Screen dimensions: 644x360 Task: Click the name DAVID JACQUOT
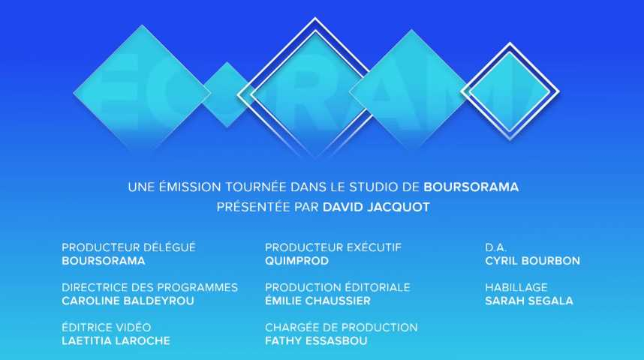tap(376, 207)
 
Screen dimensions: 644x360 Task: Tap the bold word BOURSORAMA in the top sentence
tap(471, 187)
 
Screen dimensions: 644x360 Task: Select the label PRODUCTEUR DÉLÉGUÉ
tap(128, 247)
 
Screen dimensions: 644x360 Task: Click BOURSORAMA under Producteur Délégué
tap(104, 261)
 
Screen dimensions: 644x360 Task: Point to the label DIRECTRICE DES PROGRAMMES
tap(150, 287)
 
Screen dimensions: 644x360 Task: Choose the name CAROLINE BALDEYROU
tap(128, 301)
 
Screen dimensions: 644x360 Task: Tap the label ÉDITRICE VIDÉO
tap(107, 327)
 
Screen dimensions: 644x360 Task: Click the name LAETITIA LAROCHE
tap(116, 340)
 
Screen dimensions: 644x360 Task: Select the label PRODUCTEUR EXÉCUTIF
tap(333, 247)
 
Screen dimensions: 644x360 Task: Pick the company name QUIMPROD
tap(296, 261)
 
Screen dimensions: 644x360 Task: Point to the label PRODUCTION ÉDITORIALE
tap(338, 287)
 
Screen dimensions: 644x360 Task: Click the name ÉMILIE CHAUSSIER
tap(317, 301)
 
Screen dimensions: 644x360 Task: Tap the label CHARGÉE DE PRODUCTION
tap(342, 327)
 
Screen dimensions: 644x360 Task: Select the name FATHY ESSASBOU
tap(316, 340)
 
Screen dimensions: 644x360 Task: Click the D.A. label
tap(495, 247)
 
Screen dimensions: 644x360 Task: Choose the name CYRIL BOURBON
tap(533, 261)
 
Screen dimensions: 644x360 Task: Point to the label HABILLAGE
tap(516, 287)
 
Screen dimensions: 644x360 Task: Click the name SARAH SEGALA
tap(529, 301)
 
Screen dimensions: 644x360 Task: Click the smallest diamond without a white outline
tap(227, 94)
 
